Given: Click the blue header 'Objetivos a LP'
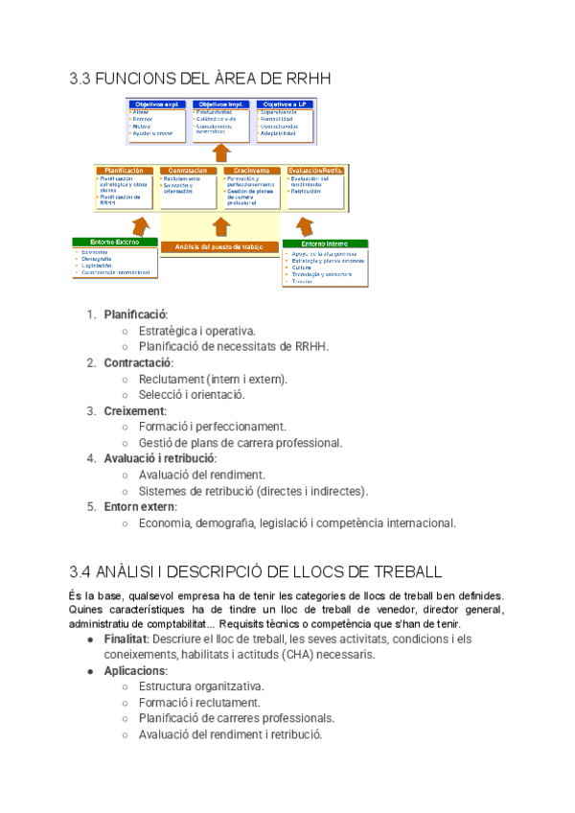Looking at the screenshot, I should (x=283, y=104).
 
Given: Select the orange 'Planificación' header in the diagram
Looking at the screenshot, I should (x=125, y=170).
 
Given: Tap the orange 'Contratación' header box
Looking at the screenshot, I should (x=189, y=170).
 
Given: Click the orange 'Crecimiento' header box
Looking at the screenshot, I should (x=252, y=170).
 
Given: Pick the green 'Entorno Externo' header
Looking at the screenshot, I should (x=116, y=243).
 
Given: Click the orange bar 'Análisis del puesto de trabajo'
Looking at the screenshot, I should (x=220, y=245).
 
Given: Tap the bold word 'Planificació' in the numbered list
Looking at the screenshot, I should (x=135, y=314).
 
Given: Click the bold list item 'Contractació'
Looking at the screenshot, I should (x=138, y=362).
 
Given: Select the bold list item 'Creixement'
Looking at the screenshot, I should (x=134, y=411).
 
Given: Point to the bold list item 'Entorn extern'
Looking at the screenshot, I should (x=141, y=507).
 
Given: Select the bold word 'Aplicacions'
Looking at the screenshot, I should (x=135, y=671).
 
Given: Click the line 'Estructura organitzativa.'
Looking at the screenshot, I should (x=201, y=687).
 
